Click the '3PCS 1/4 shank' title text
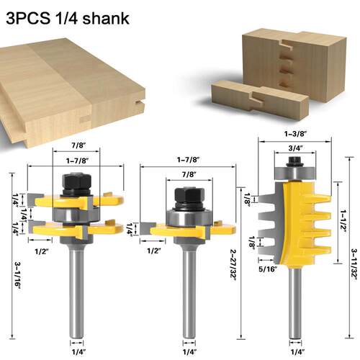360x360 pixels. click(68, 18)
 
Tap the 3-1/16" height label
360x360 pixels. click(17, 276)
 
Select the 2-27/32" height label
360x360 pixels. click(233, 265)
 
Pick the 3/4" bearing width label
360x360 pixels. click(295, 148)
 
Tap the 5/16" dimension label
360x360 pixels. click(268, 269)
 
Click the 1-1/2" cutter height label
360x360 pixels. click(343, 221)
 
